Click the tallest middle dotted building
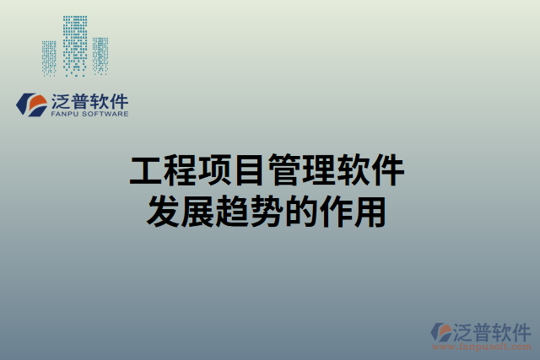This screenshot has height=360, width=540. tap(75, 44)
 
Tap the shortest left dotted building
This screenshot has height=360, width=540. tap(50, 58)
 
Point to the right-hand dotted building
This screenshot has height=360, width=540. tap(100, 56)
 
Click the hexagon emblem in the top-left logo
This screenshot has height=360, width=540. tap(33, 105)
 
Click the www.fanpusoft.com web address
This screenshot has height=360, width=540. tap(482, 347)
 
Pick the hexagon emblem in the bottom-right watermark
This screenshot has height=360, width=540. tap(440, 331)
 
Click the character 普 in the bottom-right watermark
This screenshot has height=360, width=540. tap(482, 330)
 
